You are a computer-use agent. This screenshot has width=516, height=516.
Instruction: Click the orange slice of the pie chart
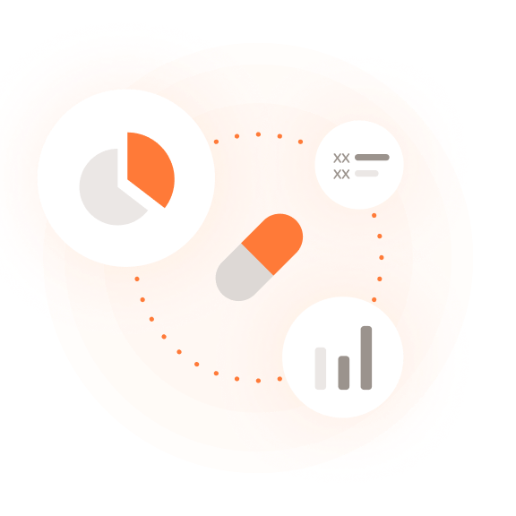[x=148, y=168]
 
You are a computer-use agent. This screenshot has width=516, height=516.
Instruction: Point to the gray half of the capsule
[x=242, y=275]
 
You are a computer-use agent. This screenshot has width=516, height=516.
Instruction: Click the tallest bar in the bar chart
[x=366, y=357]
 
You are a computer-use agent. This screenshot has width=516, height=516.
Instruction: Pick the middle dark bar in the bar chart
[x=344, y=373]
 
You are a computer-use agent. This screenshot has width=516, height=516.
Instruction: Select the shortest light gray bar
[x=321, y=368]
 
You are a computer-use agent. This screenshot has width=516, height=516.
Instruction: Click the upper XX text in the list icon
[x=341, y=159]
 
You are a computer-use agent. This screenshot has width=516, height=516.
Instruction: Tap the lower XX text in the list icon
[x=341, y=174]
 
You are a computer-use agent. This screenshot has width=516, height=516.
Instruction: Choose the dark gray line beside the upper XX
[x=372, y=158]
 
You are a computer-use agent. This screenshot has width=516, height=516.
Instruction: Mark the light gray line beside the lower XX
[x=366, y=173]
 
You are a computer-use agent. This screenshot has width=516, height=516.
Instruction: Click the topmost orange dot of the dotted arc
[x=258, y=134]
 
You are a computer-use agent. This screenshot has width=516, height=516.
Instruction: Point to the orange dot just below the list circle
[x=374, y=216]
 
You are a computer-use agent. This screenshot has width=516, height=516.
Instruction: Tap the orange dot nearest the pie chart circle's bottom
[x=137, y=279]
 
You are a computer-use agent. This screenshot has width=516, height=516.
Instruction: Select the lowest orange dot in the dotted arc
[x=258, y=381]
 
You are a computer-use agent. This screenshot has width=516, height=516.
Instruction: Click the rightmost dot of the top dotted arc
[x=300, y=142]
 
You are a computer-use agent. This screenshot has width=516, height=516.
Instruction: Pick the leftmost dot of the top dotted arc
[x=216, y=142]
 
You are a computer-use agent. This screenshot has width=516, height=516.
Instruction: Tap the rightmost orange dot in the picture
[x=382, y=257]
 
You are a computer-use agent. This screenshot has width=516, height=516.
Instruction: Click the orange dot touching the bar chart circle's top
[x=374, y=300]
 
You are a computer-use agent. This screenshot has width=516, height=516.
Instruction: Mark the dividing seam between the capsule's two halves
[x=257, y=259]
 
